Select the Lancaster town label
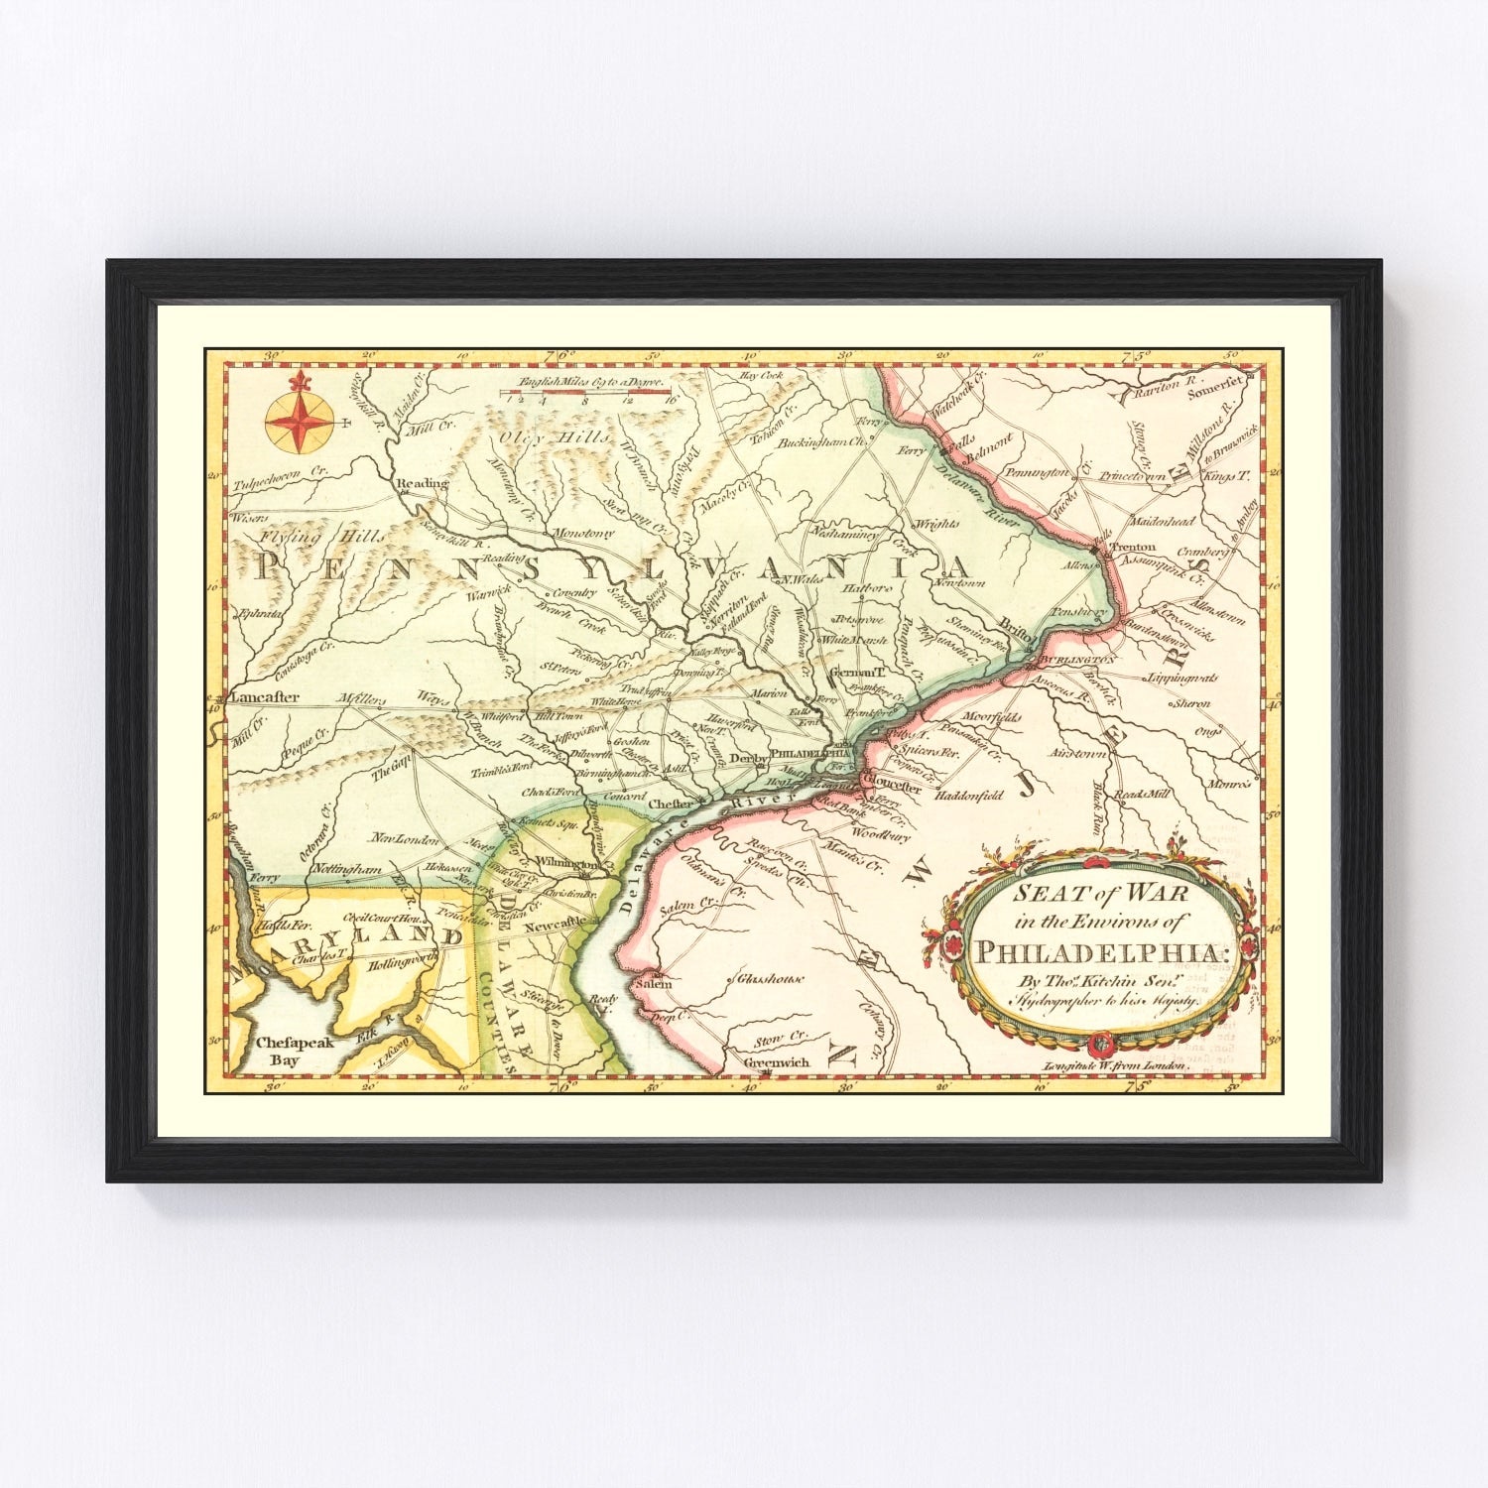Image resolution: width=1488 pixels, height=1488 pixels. point(264,696)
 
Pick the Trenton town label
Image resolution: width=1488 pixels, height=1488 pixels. point(1133,547)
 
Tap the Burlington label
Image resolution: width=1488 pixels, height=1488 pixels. point(1076,658)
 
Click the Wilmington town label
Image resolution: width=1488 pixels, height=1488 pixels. point(567,862)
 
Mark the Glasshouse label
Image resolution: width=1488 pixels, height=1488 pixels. point(769,979)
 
